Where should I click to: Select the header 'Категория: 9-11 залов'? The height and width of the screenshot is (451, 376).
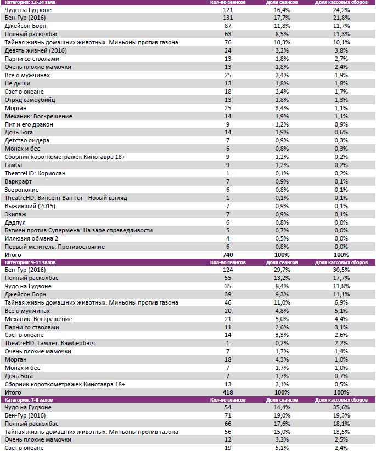[30, 262]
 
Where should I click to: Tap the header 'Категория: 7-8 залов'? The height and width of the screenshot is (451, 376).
[28, 401]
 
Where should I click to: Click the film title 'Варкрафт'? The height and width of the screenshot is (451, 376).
[18, 181]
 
